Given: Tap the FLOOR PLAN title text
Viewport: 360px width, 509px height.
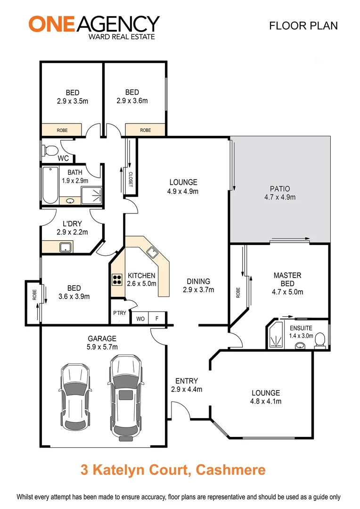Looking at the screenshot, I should click(303, 25).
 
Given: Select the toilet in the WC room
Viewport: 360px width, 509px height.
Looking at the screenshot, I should click(49, 150).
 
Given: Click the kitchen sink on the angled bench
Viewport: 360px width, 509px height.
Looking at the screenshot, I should click(152, 253).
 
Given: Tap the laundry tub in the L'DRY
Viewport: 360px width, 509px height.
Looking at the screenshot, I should click(65, 247).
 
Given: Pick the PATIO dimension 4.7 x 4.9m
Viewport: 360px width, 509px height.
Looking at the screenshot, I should click(279, 197).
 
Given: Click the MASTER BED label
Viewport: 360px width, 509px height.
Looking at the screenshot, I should click(287, 279).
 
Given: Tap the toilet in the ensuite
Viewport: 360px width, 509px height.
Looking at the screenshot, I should click(319, 339).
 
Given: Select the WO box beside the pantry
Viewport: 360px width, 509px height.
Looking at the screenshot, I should click(140, 319).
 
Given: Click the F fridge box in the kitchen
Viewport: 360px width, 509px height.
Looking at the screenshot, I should click(157, 319).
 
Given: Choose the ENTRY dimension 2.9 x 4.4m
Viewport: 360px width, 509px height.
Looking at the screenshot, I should click(186, 389).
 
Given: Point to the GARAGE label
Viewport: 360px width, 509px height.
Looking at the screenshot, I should click(102, 338).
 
